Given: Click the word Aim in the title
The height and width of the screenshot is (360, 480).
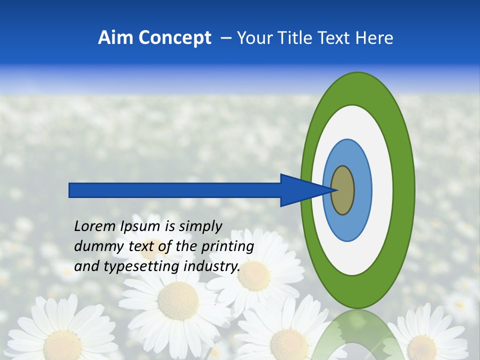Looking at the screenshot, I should tap(114, 38).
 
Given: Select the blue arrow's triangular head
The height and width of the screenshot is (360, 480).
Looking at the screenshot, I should tap(300, 190).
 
